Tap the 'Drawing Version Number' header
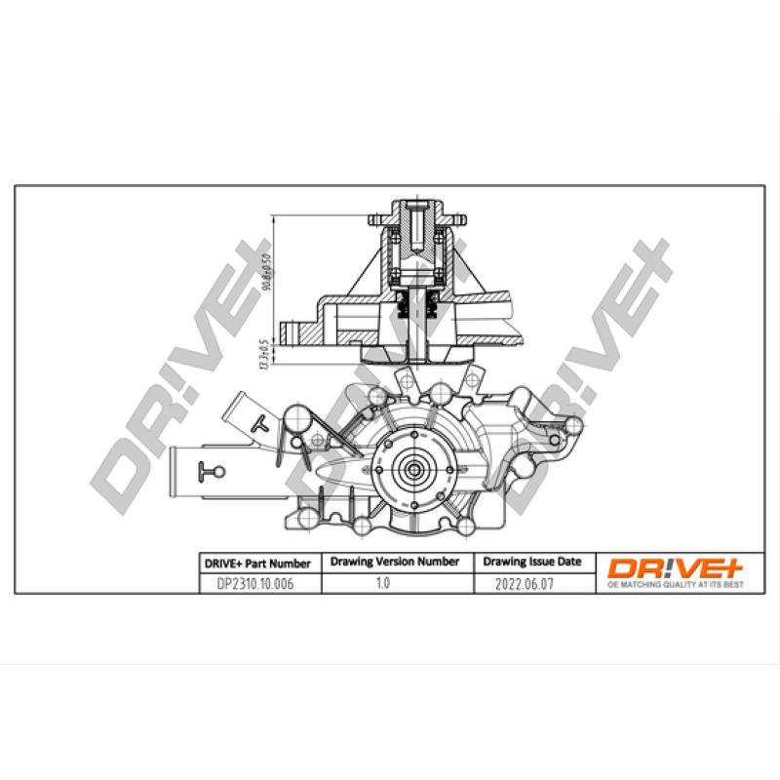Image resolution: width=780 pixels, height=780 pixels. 395,562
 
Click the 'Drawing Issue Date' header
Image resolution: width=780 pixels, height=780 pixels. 531,562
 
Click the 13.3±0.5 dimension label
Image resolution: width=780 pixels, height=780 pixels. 265,352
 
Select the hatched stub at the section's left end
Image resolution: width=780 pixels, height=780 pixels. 293,331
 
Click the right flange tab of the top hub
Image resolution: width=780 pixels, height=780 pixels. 452,216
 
